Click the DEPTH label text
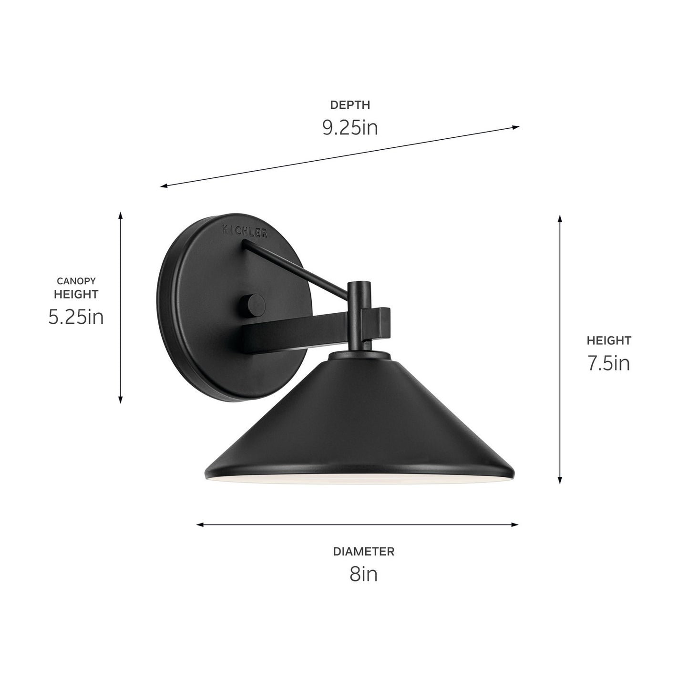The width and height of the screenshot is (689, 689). tap(350, 105)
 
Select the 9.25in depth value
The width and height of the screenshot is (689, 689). tap(350, 128)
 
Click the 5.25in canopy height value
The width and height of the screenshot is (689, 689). tap(76, 317)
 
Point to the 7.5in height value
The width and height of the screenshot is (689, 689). tap(608, 363)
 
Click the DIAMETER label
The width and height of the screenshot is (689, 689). tap(363, 552)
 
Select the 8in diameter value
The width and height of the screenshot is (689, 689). tap(363, 574)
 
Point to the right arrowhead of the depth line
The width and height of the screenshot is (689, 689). tap(516, 127)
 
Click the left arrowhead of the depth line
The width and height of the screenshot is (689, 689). tap(164, 186)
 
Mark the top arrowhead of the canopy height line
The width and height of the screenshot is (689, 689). tap(121, 215)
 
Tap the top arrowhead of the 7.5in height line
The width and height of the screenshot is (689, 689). tap(560, 218)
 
